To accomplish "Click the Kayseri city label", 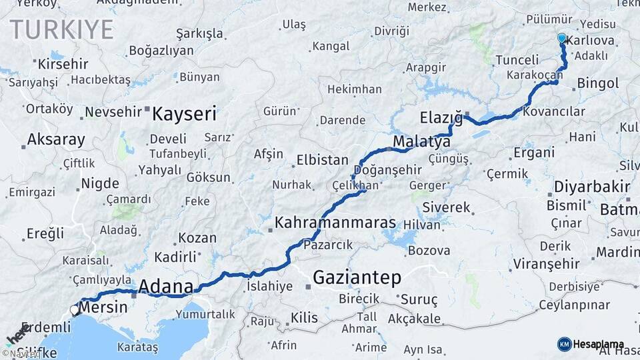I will (184, 114).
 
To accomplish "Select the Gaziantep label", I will (357, 277).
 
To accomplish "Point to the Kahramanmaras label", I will (335, 222).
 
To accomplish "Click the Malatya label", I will (422, 142).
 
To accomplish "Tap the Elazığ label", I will (441, 119).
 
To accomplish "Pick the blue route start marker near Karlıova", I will (562, 39).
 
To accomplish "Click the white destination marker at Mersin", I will (75, 309).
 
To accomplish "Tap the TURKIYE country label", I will (61, 29).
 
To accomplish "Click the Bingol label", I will (598, 83).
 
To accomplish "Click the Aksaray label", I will (56, 140).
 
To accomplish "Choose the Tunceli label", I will (517, 60).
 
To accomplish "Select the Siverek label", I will (446, 207).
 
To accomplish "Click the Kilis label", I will (304, 318).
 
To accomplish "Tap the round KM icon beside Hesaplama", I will (564, 344).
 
